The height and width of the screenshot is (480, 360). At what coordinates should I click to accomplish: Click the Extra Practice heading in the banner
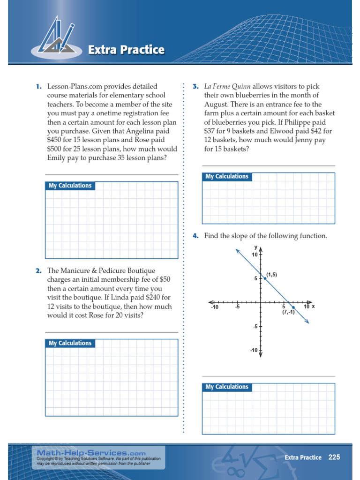tap(127, 50)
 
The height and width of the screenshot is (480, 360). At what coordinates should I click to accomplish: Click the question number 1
tap(38, 87)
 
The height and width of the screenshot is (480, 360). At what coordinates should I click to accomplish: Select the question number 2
tap(38, 271)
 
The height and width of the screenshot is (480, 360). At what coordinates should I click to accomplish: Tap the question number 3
tap(195, 87)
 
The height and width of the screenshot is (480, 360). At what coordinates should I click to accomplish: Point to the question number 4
tap(195, 236)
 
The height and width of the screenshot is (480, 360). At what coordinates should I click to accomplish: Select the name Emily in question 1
tap(57, 158)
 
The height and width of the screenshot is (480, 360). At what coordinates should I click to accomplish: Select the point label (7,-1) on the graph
tap(288, 312)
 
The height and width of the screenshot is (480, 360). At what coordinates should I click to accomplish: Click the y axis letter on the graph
tap(256, 247)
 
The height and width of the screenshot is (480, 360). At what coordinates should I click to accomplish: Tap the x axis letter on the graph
tap(313, 306)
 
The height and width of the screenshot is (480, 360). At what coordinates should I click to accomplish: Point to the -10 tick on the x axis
tap(215, 307)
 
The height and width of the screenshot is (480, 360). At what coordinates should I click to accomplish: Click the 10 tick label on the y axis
tap(255, 255)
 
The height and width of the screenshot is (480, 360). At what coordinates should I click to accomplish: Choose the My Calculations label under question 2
tap(70, 344)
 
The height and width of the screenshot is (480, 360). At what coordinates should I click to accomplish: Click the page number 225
tap(334, 457)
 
